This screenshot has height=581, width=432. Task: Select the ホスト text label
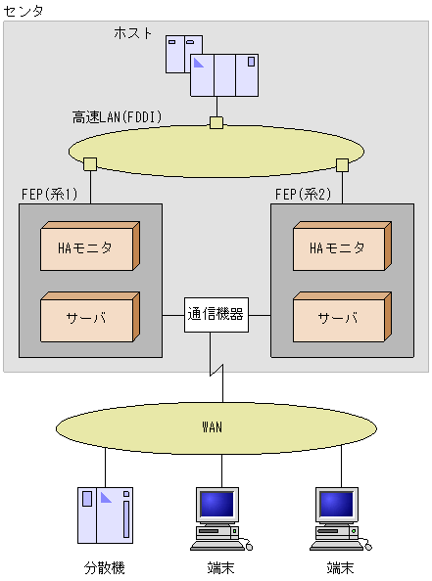click(133, 33)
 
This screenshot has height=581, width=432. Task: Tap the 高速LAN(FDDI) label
click(117, 117)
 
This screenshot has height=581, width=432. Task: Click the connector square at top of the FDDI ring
click(216, 123)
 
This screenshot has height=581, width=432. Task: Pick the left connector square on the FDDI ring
click(89, 162)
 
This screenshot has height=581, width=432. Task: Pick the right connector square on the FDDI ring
click(342, 163)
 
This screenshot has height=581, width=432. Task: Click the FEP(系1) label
click(49, 194)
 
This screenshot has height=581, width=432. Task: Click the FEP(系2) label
click(303, 194)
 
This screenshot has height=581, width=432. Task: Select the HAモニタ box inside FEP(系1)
click(89, 248)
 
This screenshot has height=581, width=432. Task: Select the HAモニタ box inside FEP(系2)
click(340, 248)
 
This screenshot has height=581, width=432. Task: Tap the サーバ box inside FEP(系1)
click(89, 318)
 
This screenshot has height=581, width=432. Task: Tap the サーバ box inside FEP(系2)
click(340, 318)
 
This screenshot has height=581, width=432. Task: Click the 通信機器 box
click(216, 314)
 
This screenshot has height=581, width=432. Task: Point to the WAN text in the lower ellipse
click(212, 426)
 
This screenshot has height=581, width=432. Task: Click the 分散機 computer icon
click(104, 514)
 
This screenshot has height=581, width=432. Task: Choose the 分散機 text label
click(104, 567)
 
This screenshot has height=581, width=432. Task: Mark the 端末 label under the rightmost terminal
click(340, 567)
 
